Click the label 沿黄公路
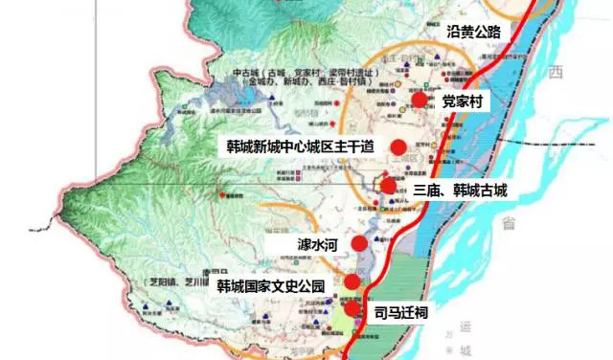coord(473,32)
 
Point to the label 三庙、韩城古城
coord(459,191)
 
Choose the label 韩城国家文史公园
coord(270,286)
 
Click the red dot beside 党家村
coord(419,100)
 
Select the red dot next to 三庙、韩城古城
coord(387,187)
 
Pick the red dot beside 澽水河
coord(359,243)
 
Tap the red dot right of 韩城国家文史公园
coord(353,281)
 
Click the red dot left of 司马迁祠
coord(352,308)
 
